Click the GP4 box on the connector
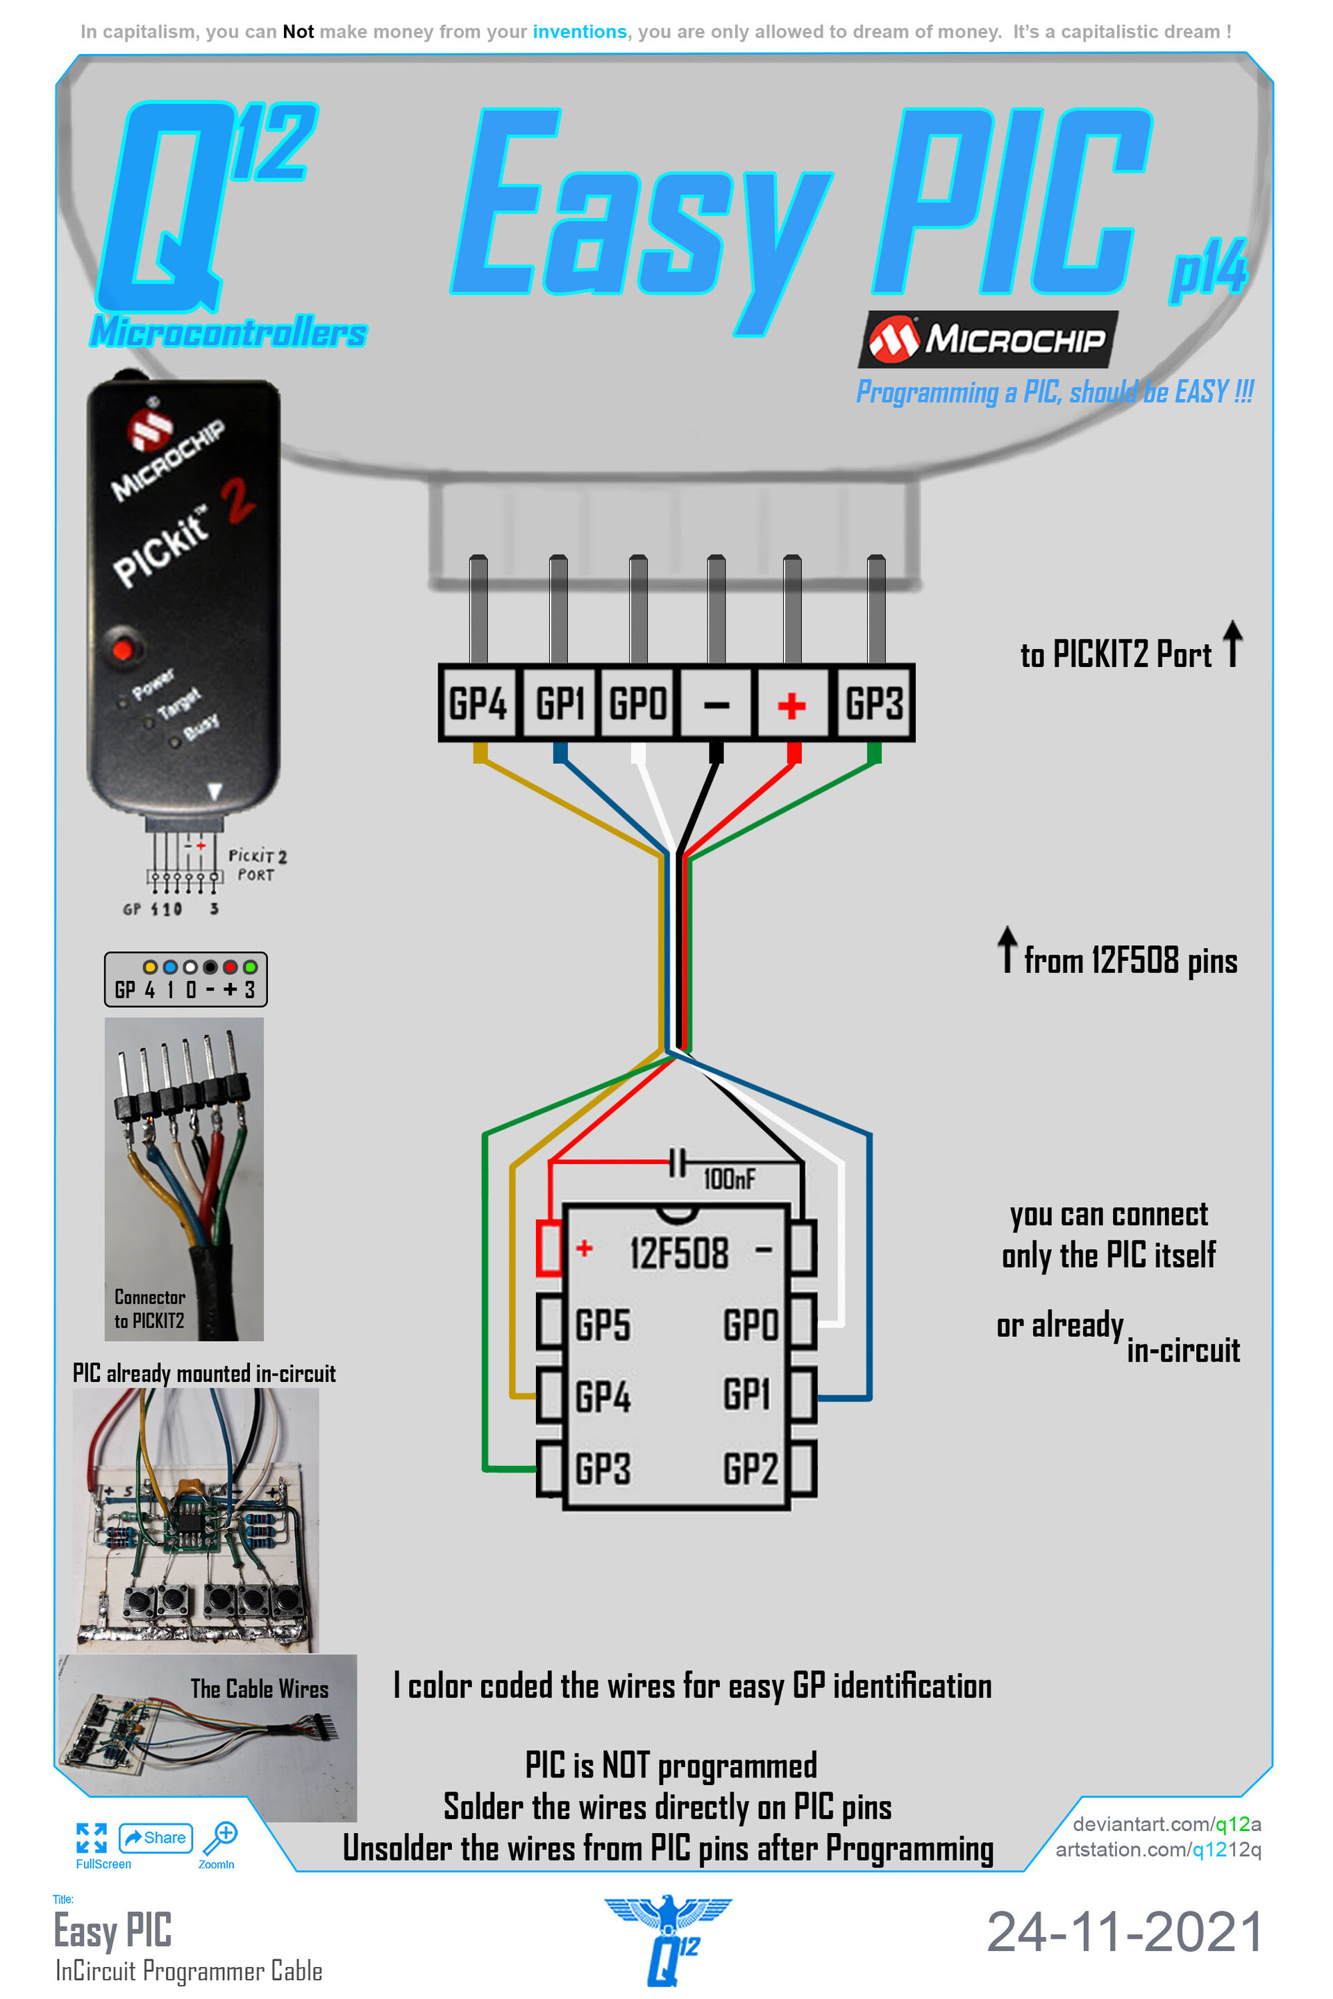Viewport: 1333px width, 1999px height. (478, 704)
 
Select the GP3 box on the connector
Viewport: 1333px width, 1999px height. (874, 704)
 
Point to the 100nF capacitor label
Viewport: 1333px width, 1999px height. (728, 1179)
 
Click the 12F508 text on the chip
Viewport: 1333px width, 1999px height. (678, 1254)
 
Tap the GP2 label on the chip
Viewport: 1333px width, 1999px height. (750, 1469)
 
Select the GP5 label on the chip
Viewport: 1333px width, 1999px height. (603, 1325)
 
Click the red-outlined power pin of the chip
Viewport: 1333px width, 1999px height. (549, 1248)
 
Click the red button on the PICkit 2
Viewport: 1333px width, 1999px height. (124, 650)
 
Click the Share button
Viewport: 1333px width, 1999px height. (156, 1837)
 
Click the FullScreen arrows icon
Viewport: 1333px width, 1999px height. (91, 1837)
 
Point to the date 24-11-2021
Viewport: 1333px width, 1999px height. (1124, 1932)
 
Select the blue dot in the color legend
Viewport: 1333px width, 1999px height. (170, 967)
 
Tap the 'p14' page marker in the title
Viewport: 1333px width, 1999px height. (1207, 270)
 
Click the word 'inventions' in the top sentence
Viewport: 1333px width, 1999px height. (579, 31)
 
